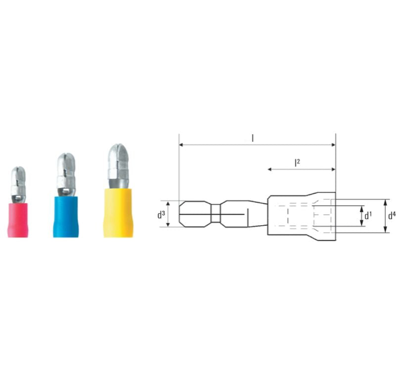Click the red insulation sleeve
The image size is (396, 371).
click(x=18, y=218)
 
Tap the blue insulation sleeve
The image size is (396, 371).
click(x=66, y=216)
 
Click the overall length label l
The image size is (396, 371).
click(x=253, y=138)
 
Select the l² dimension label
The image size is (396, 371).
click(x=297, y=162)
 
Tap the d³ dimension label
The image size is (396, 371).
click(x=160, y=215)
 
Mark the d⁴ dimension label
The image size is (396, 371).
click(x=391, y=216)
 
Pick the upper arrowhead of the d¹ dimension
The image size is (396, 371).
click(x=361, y=208)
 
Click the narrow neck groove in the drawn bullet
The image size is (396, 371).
click(x=215, y=214)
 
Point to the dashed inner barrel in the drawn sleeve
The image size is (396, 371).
click(x=302, y=215)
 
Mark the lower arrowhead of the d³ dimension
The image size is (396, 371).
click(x=168, y=225)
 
